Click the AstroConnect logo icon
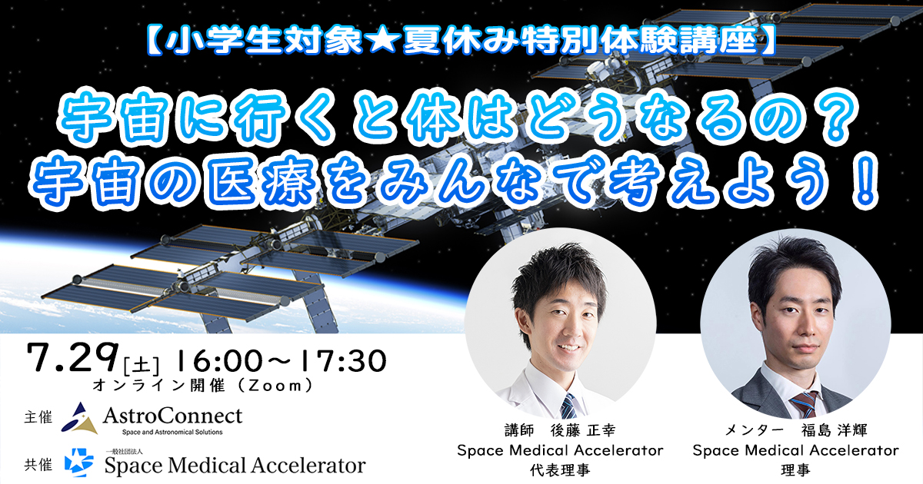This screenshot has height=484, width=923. [79, 418]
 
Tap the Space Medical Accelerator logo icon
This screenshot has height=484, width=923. [78, 462]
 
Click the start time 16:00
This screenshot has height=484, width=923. [218, 361]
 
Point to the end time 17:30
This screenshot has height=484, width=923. [344, 361]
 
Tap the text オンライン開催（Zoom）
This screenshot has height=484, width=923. [203, 386]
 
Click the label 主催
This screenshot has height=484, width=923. [38, 417]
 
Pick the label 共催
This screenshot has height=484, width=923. [38, 465]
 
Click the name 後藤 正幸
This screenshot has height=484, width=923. [583, 430]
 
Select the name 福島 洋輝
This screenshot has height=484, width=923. [834, 430]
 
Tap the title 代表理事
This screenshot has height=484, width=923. [560, 469]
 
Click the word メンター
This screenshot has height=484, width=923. [754, 430]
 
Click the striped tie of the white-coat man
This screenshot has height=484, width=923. [568, 406]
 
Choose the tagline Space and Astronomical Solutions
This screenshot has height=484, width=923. [172, 432]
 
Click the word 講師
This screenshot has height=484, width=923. [519, 430]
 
